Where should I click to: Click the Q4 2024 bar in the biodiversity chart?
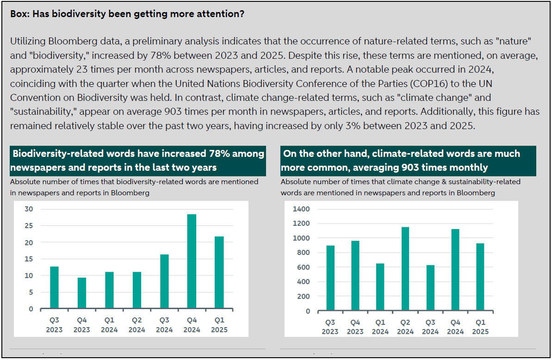point(192,261)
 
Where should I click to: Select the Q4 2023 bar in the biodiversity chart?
point(82,293)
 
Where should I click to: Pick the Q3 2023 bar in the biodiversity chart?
point(54,287)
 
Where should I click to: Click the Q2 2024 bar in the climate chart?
point(405,268)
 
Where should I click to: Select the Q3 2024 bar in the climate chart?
point(430,287)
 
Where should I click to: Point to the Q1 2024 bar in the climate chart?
point(380,287)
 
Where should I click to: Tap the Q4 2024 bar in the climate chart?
point(455,269)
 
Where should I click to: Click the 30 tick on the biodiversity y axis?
point(29,209)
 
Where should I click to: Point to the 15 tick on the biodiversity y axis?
point(29,259)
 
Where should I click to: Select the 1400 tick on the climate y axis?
point(301,209)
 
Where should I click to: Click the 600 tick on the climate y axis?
point(303,267)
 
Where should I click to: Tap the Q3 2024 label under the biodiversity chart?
point(164,325)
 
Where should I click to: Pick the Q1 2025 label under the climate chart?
point(480,327)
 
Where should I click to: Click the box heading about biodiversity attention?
point(127,14)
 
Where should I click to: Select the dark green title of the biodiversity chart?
point(138,161)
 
